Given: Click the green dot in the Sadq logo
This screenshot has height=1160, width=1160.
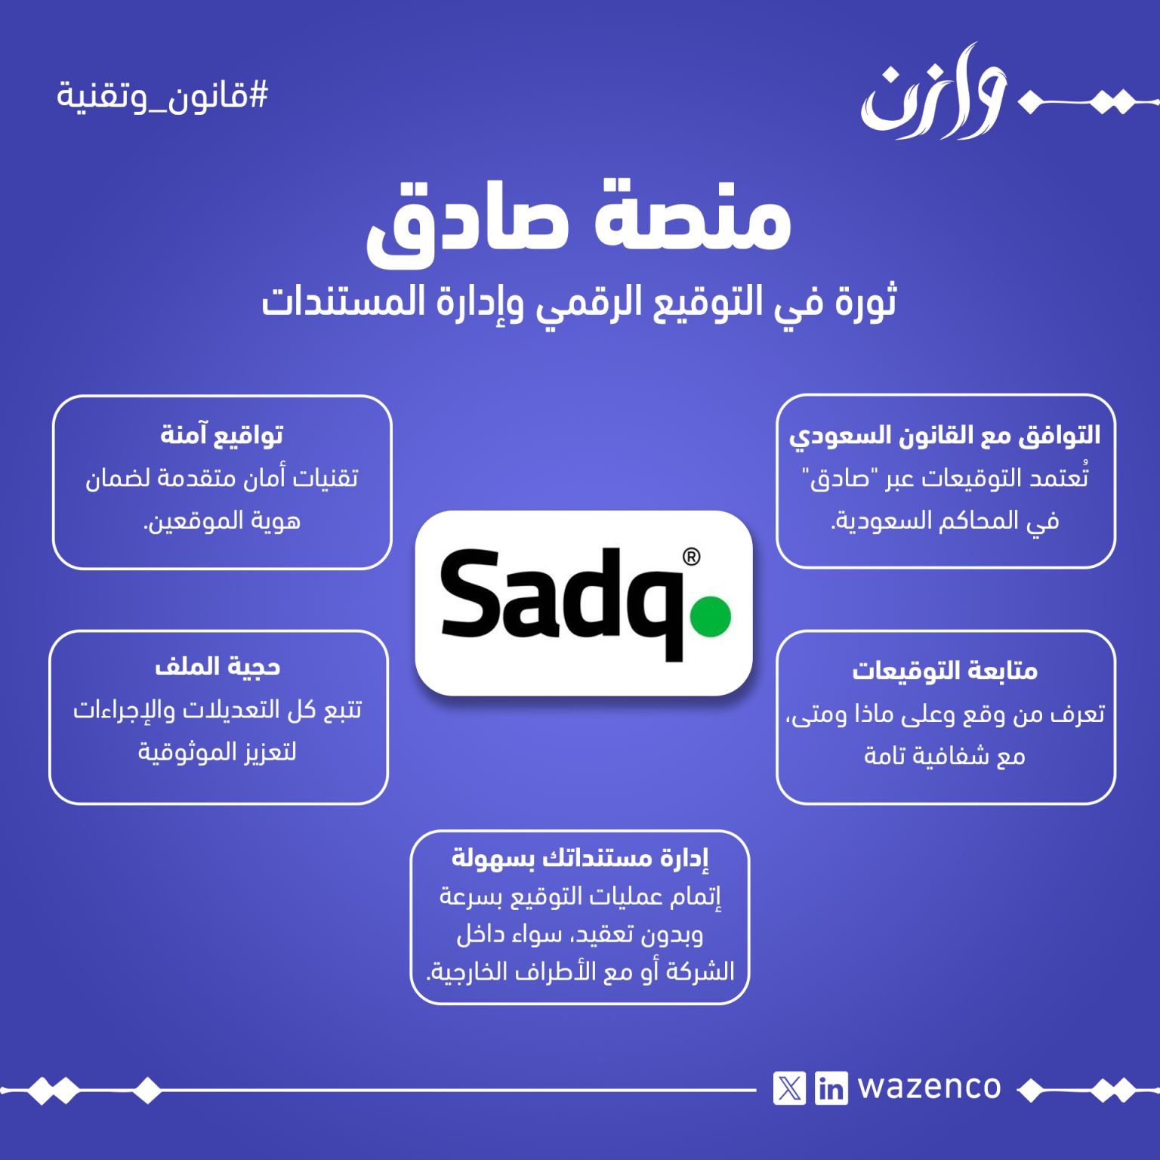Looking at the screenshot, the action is click(711, 615).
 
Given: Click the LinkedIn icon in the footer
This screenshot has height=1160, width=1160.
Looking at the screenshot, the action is click(831, 1088).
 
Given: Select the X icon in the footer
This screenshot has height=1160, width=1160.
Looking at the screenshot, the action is click(790, 1088).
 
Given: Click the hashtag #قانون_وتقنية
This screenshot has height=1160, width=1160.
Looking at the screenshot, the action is click(162, 97).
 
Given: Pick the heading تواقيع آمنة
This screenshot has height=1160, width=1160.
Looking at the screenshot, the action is click(222, 434).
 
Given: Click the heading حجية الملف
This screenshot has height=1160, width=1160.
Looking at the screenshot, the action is click(217, 666).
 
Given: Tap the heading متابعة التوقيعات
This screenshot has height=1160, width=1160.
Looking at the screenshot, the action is click(945, 670).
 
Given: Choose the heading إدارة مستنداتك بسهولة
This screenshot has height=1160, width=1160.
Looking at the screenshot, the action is click(580, 858).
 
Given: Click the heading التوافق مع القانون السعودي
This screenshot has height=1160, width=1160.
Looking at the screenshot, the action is click(945, 436).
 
